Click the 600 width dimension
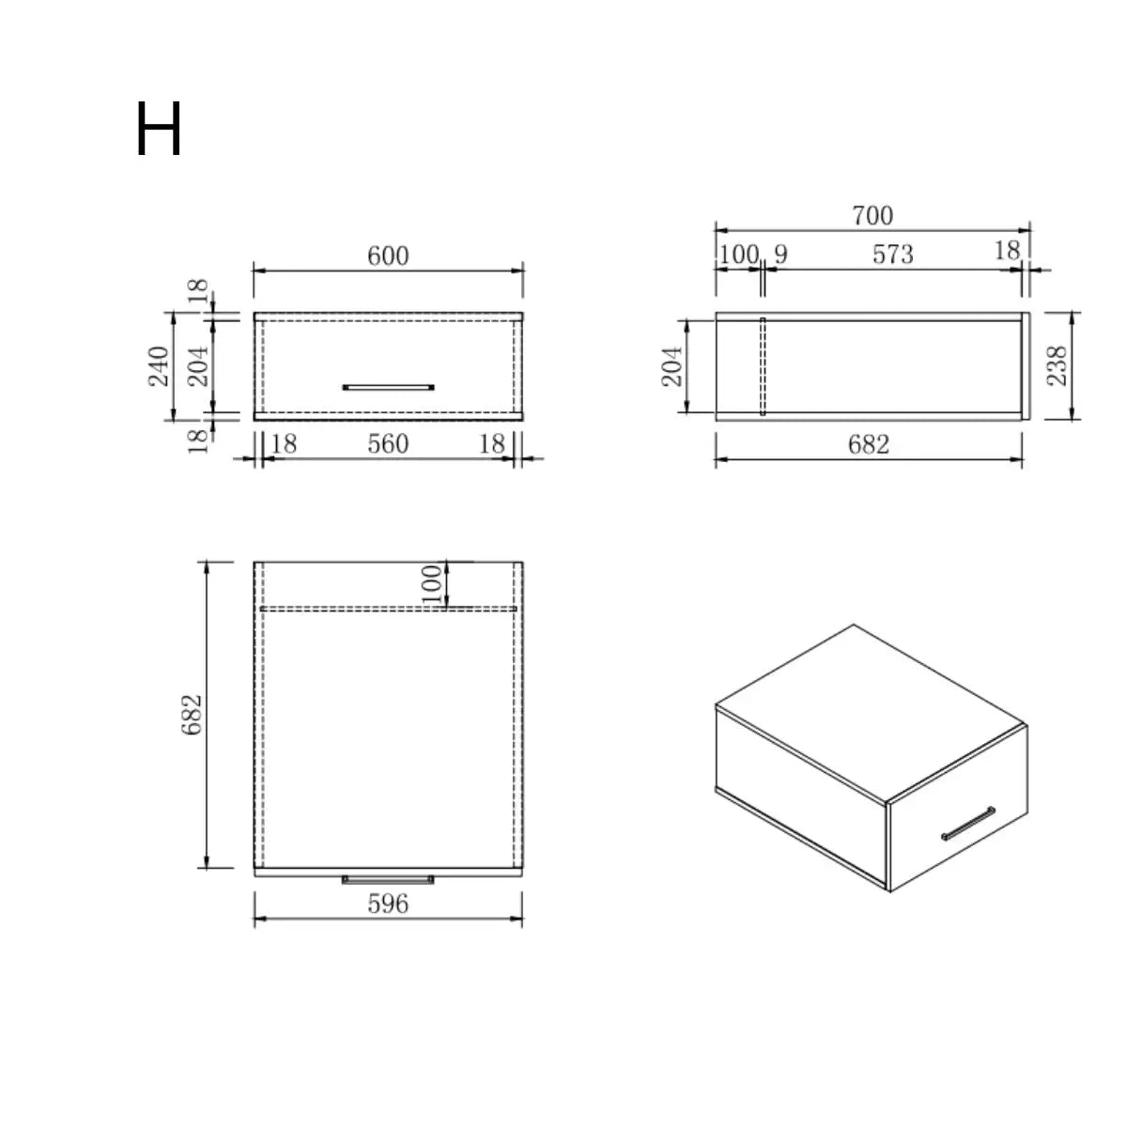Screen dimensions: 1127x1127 point(388,255)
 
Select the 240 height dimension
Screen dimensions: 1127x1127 point(159,366)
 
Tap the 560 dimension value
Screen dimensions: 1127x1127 point(388,443)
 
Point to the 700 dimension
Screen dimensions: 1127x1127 point(872,216)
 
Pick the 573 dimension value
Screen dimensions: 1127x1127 point(892,255)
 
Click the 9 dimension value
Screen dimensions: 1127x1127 point(780,255)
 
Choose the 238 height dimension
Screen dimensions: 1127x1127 point(1058,366)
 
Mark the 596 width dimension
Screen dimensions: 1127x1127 point(388,903)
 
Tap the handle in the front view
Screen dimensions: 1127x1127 point(388,386)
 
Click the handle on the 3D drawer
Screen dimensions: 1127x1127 point(968,823)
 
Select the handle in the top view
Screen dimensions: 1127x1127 point(388,880)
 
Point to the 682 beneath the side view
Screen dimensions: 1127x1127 point(868,444)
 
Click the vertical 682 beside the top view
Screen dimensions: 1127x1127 point(193,714)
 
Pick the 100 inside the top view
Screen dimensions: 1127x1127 point(432,584)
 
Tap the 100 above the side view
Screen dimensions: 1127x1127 point(738,255)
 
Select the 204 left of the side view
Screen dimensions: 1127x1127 point(672,366)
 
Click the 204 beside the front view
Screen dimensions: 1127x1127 point(199,366)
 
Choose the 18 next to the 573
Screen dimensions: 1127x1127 point(1007,251)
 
